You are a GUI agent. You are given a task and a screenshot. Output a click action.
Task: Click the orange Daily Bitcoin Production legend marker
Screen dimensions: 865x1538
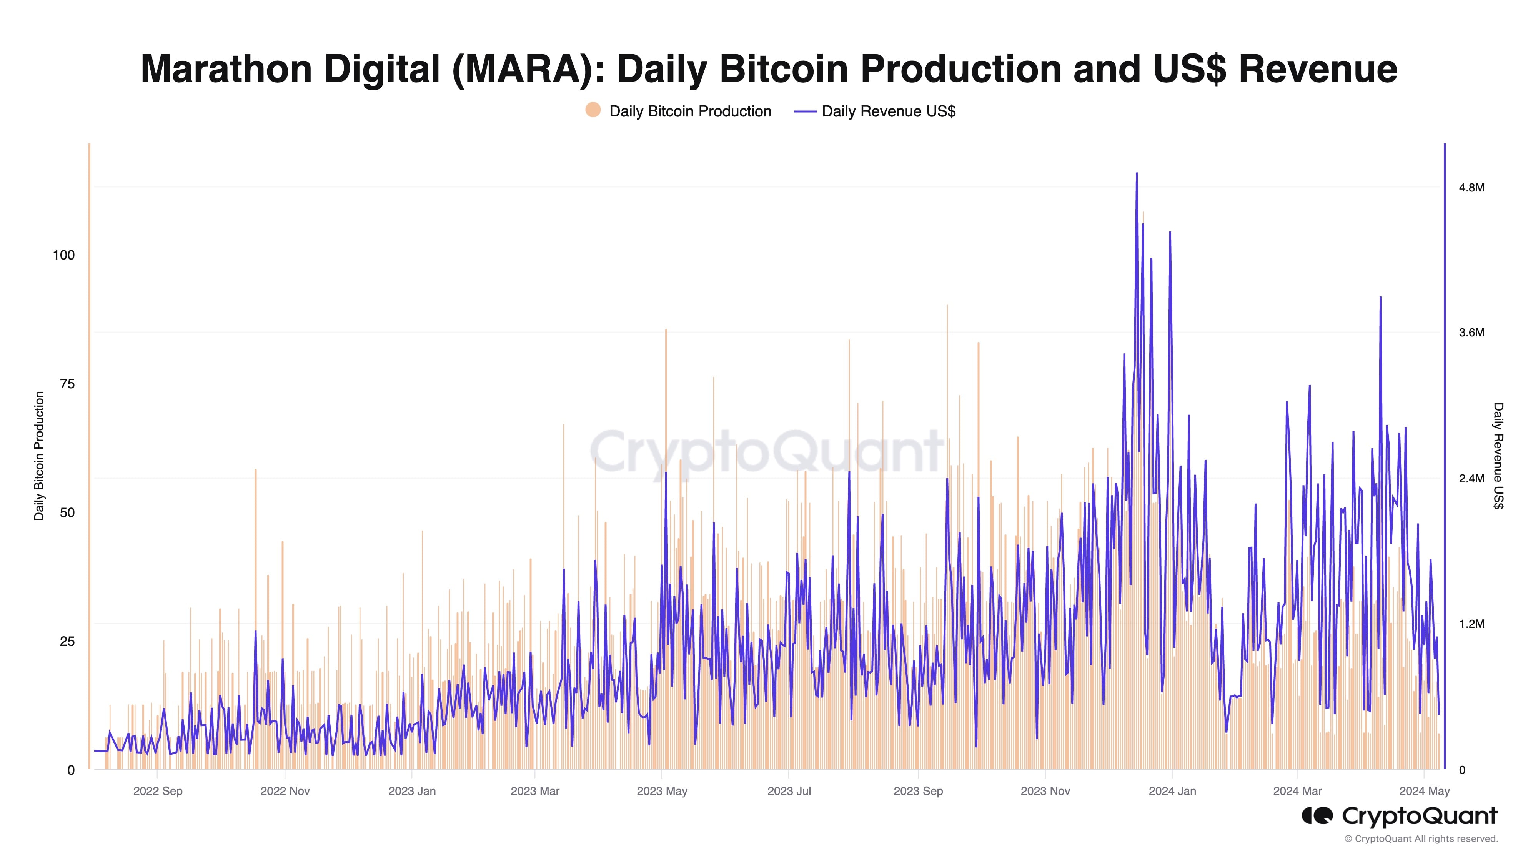tap(593, 110)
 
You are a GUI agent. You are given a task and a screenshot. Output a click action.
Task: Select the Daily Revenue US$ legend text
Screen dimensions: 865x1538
tap(889, 111)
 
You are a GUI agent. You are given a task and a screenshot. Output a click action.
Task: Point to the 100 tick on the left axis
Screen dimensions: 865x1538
tap(64, 256)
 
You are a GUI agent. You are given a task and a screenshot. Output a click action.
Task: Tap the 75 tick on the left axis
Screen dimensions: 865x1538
tap(67, 384)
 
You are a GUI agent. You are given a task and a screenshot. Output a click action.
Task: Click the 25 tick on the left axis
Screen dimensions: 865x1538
tap(67, 642)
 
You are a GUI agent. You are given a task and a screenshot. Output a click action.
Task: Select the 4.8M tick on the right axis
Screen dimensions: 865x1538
tap(1471, 188)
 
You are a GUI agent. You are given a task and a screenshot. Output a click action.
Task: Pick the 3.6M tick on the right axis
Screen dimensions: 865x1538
tap(1471, 333)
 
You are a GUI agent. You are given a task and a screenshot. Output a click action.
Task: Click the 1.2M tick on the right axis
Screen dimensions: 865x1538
tap(1471, 624)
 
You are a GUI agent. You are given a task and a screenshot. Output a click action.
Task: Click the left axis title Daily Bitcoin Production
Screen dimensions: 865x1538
tap(39, 456)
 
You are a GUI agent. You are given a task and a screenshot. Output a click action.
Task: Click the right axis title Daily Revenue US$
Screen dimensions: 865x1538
tap(1498, 456)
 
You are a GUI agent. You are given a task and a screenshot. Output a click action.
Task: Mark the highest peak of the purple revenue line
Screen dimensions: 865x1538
tap(1136, 174)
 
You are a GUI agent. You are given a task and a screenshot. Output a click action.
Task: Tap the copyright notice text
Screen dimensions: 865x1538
tap(1421, 839)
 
